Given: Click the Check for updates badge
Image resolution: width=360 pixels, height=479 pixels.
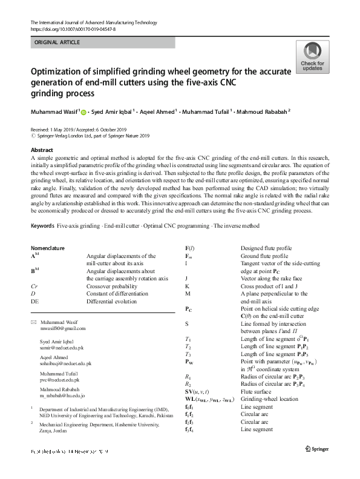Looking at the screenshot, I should point(312,57).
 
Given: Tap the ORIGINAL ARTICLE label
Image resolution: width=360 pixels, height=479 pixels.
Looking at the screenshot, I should point(59,42).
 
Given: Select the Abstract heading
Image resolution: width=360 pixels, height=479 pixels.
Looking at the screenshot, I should point(42,150).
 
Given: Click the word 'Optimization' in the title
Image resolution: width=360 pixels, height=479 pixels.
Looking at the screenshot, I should point(61,71).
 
